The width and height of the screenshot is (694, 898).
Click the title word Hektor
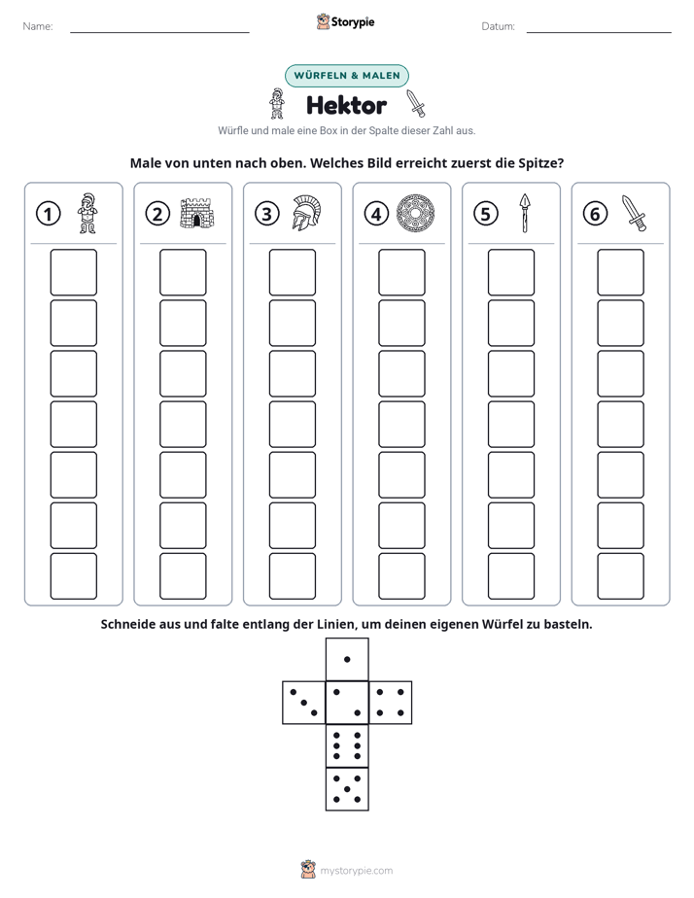346,105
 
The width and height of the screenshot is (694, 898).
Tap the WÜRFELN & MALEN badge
347,76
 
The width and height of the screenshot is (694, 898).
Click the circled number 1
48,214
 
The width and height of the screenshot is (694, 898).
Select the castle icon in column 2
197,214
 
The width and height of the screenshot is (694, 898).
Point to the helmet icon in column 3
306,213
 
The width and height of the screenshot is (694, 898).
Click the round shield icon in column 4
416,213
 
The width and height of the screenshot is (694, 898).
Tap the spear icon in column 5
525,213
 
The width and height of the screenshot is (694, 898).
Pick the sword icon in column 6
634,213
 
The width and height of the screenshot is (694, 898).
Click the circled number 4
376,214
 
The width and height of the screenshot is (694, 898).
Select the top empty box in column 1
74,272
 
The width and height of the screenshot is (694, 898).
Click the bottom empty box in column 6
621,576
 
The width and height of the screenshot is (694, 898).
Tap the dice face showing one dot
347,660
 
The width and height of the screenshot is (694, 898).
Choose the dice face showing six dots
347,746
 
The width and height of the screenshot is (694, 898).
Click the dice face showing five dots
347,789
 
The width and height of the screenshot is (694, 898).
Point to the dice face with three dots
304,703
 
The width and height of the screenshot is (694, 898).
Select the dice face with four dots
391,703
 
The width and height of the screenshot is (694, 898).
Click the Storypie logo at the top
346,21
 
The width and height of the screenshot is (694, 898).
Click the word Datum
498,26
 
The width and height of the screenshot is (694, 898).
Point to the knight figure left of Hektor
277,104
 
